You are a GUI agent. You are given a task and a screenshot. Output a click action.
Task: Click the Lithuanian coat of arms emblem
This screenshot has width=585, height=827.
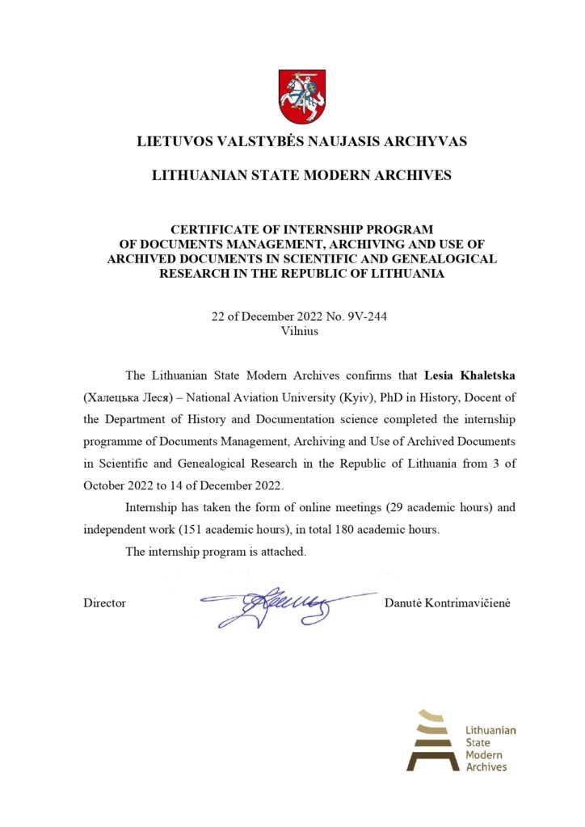coord(302,96)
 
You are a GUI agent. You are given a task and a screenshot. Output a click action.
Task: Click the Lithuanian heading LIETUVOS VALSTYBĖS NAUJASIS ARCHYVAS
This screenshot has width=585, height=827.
coord(302,142)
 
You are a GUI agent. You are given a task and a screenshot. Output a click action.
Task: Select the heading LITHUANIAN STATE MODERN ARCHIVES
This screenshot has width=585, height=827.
coord(302,175)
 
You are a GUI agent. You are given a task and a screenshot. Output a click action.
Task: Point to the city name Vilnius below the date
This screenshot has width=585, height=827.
coord(300,330)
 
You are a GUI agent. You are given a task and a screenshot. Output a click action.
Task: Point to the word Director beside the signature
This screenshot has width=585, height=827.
coord(104,603)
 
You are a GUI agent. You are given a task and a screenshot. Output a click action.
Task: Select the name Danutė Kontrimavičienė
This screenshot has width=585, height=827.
coord(448,603)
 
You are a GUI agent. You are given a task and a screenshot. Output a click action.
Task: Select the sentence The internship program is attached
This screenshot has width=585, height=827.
coord(216,552)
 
